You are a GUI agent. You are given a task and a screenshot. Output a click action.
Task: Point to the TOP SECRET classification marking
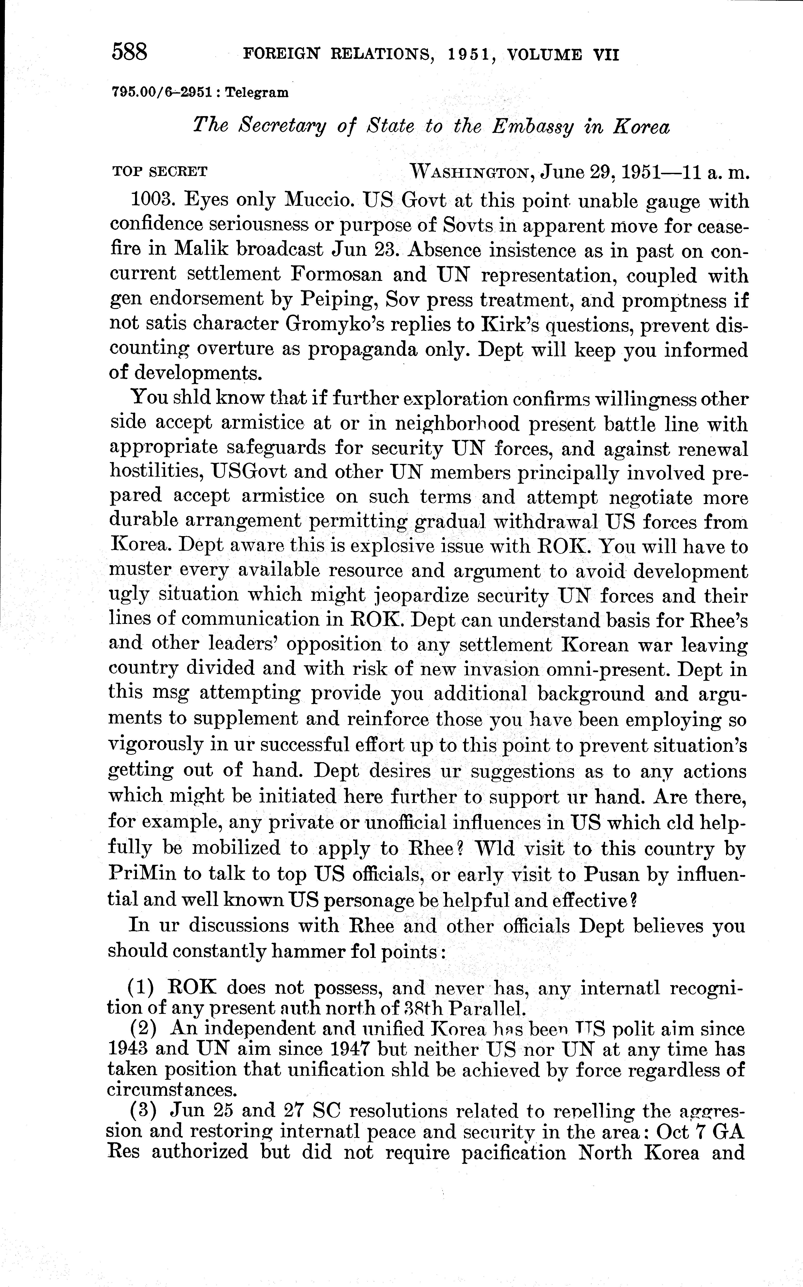click(159, 172)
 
